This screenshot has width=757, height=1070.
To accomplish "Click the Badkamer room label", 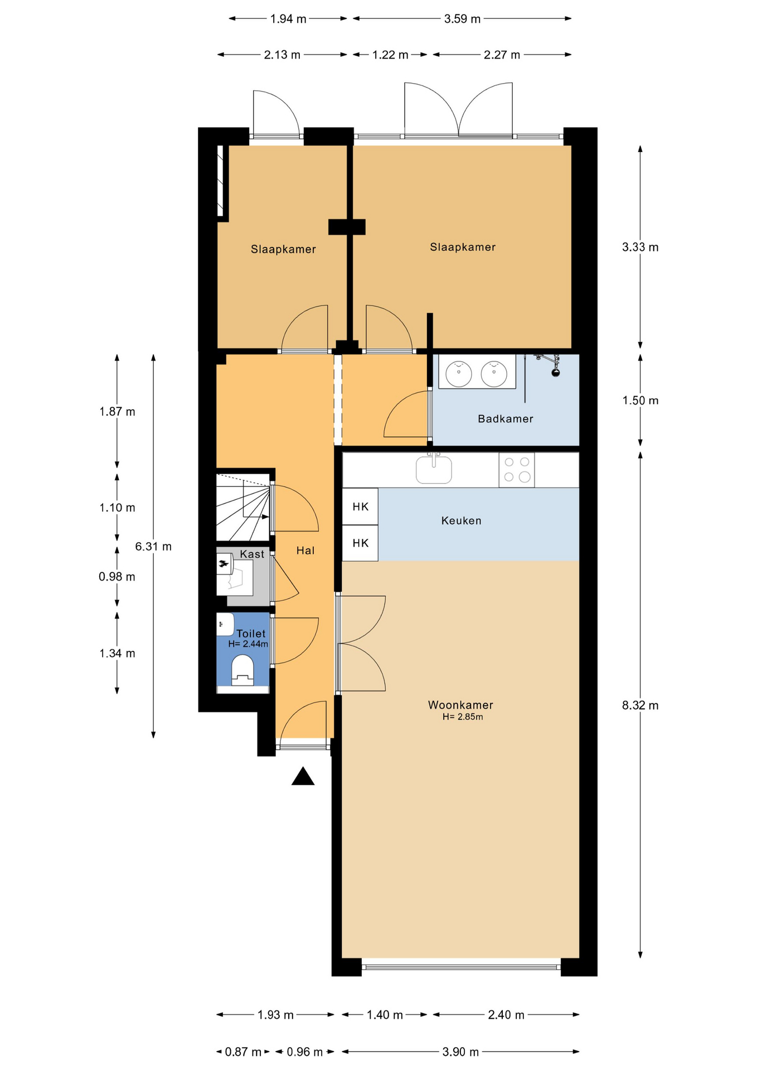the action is tap(505, 419).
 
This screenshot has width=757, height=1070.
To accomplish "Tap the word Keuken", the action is tap(461, 521).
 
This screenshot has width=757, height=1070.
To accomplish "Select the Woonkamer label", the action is tap(460, 705).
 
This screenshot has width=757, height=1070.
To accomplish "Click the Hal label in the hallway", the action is tap(305, 551).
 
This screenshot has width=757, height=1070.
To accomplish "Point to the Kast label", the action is tap(252, 554).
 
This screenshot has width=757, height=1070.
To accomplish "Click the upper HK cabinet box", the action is tap(360, 506).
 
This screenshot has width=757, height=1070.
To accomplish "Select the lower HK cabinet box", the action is tap(360, 543).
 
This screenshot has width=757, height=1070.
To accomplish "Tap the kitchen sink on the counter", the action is tap(434, 469).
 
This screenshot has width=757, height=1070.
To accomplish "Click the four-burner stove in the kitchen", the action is tap(517, 470).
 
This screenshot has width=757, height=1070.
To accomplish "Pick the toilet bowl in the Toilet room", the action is tap(242, 669).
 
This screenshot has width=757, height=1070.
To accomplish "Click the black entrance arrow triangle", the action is tap(303, 776).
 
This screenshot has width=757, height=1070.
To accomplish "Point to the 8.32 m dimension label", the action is tap(640, 706).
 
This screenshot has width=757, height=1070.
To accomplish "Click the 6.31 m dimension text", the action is tap(153, 547).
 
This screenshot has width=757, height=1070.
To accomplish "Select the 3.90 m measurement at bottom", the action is tap(460, 1052).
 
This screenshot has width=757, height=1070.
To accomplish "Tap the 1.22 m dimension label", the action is tap(390, 55).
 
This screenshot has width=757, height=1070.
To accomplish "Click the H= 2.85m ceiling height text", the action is tap(463, 717).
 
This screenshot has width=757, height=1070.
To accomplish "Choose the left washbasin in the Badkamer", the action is tap(459, 373).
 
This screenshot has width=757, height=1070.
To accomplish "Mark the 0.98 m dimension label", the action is tap(117, 577).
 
